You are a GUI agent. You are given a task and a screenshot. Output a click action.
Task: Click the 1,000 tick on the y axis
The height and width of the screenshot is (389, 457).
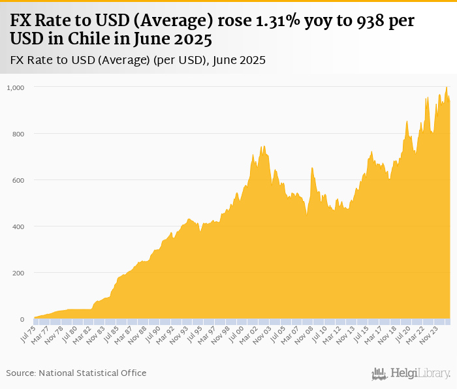tap(16, 87)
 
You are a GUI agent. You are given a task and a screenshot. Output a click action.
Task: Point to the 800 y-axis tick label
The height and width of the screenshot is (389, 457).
tap(18, 134)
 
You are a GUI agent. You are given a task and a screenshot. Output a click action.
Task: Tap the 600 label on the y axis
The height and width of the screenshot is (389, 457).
tap(18, 180)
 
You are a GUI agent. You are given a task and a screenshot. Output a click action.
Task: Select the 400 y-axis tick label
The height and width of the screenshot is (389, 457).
tap(18, 226)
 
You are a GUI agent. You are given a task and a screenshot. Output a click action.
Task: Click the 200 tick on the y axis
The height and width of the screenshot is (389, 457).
tap(18, 273)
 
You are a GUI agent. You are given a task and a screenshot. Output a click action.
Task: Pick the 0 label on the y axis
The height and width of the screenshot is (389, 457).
tap(22, 319)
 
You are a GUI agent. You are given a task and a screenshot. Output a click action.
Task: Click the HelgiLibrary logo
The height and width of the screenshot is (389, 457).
tap(411, 373)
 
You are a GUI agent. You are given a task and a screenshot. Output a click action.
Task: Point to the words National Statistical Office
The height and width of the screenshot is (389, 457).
tap(93, 373)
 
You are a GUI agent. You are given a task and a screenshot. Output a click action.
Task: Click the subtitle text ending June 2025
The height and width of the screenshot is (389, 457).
tap(138, 60)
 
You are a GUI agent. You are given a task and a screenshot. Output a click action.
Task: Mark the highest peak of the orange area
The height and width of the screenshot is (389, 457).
tap(447, 87)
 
